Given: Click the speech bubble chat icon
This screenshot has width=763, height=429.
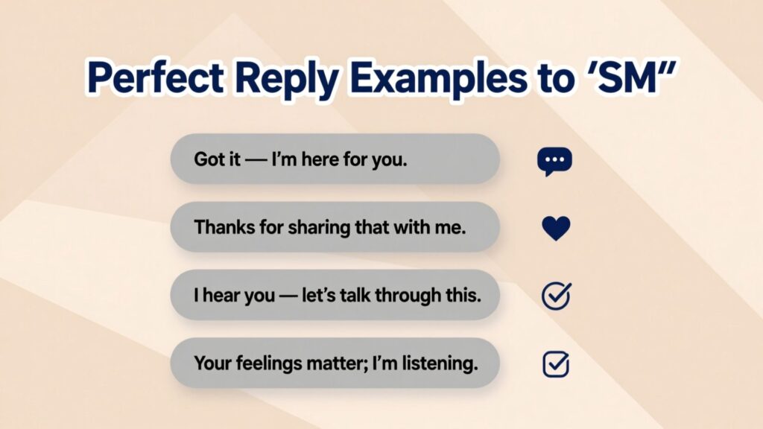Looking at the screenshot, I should pyautogui.click(x=554, y=161).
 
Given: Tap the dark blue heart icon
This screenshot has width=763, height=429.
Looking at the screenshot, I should pyautogui.click(x=555, y=228).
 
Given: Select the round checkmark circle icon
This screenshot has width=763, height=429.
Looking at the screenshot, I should pyautogui.click(x=555, y=296).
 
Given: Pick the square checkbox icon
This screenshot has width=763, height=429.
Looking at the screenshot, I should pyautogui.click(x=555, y=364).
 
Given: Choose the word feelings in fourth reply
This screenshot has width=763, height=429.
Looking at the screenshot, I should pyautogui.click(x=267, y=363).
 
